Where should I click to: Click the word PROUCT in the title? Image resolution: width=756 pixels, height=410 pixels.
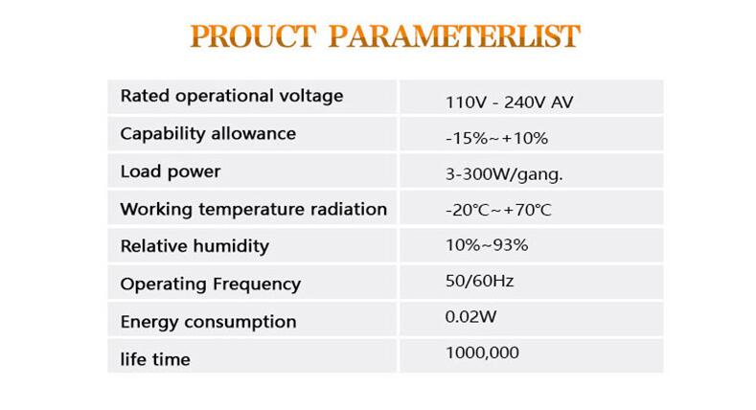pos(253,36)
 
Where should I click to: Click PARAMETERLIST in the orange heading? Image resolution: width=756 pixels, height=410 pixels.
pos(454,36)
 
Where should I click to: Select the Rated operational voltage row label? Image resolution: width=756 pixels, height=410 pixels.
pos(232,96)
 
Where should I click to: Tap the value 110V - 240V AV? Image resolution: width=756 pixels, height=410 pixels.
pos(510,102)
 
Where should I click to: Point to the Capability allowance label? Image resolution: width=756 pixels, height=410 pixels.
pos(208,133)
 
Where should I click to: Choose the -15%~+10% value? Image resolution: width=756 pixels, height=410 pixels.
pos(496,138)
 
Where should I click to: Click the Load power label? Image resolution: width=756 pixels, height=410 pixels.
pos(171,171)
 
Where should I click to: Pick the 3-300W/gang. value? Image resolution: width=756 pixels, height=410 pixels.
pos(504,174)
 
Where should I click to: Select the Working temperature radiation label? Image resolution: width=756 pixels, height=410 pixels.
pos(254,209)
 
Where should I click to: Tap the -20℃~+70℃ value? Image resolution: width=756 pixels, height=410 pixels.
pos(498,210)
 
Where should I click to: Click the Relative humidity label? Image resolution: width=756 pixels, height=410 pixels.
pos(195,246)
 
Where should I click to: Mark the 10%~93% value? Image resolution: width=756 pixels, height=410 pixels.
pos(487,244)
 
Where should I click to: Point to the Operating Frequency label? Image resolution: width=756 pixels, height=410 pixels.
pos(211,285)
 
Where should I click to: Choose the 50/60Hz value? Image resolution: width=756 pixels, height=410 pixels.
pos(480,281)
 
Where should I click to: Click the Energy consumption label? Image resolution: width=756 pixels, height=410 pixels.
pos(208,322)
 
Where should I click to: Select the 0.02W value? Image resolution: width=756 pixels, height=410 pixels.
pos(471,316)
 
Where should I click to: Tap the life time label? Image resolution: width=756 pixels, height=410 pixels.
pos(155,359)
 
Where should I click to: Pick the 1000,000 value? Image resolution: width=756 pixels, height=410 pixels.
pos(482,353)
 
